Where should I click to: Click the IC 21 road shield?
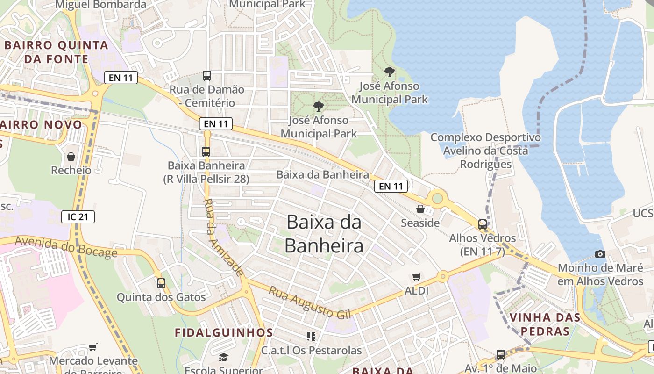click(78, 216)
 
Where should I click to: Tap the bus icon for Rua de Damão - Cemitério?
click(207, 75)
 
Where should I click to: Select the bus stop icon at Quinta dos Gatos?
click(161, 283)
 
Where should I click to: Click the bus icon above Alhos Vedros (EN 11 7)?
click(483, 224)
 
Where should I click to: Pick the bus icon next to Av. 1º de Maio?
click(501, 354)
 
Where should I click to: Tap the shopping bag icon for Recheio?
click(71, 156)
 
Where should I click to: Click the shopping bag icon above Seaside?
click(420, 209)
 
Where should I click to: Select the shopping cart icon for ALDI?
click(416, 277)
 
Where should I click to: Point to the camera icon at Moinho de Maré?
click(600, 254)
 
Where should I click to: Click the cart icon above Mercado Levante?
click(93, 347)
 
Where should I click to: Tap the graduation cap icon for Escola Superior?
click(224, 358)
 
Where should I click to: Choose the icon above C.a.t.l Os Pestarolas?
click(311, 336)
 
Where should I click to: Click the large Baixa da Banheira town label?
click(324, 233)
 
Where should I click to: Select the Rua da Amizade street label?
click(223, 237)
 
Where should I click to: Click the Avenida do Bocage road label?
click(66, 247)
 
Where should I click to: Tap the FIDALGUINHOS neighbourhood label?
click(224, 332)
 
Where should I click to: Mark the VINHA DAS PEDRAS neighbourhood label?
click(545, 324)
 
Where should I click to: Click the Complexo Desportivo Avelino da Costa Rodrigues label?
click(485, 151)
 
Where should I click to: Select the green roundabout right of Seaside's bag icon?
click(437, 198)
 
